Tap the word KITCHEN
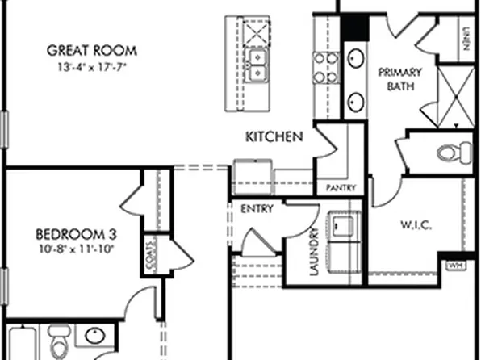274,136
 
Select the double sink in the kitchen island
259,65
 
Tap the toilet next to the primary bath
451,151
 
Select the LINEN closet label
466,36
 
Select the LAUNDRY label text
314,255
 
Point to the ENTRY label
257,208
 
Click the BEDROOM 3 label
77,234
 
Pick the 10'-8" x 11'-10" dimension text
77,249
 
